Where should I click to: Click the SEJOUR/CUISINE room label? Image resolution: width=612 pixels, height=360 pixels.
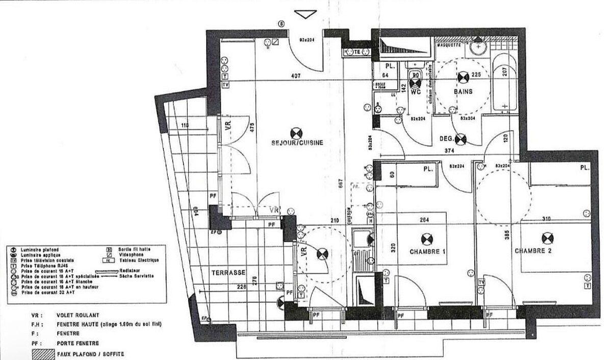click(297, 143)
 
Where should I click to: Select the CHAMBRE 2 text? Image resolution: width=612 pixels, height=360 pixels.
click(533, 251)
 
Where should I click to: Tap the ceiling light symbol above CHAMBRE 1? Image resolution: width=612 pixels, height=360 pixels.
click(427, 238)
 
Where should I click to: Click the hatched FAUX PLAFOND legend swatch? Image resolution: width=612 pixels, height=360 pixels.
click(43, 353)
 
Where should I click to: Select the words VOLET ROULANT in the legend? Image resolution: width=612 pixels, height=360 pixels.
click(78, 315)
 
